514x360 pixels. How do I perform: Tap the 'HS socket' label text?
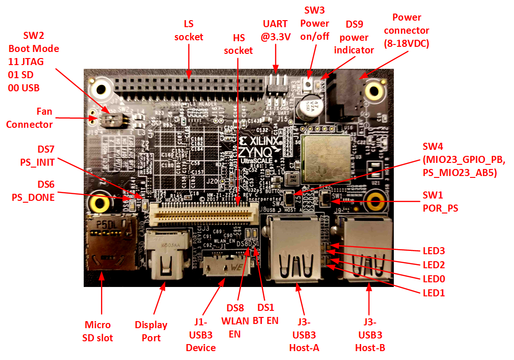point(238,44)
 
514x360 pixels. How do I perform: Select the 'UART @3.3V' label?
point(276,29)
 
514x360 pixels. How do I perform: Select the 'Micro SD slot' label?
point(98,331)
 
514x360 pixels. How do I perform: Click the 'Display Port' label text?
point(151,331)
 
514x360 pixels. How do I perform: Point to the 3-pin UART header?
point(276,86)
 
